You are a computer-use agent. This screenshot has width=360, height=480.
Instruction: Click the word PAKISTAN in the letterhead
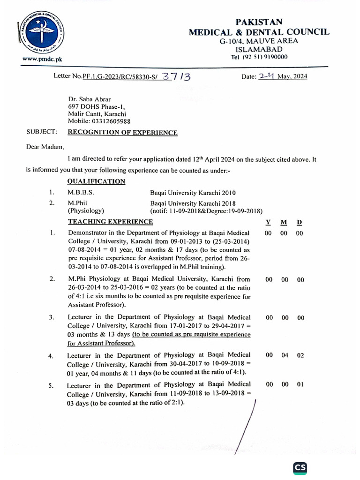[x=259, y=22]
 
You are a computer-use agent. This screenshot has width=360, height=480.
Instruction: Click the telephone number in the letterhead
[x=259, y=57]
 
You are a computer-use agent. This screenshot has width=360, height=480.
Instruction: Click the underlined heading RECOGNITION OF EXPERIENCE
[x=122, y=133]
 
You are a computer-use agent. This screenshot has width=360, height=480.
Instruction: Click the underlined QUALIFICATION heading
[x=96, y=181]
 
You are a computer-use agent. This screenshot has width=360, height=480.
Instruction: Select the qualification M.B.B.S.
[x=81, y=193]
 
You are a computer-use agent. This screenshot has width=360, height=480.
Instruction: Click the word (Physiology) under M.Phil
[x=86, y=211]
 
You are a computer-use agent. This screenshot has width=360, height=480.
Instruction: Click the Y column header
[x=269, y=222]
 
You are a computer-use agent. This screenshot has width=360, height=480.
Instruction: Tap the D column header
[x=300, y=222]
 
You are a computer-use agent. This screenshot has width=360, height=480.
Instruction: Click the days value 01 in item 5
[x=300, y=384]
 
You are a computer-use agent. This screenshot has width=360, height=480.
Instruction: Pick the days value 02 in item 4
[x=300, y=355]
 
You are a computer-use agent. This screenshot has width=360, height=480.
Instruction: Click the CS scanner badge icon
[x=300, y=468]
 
